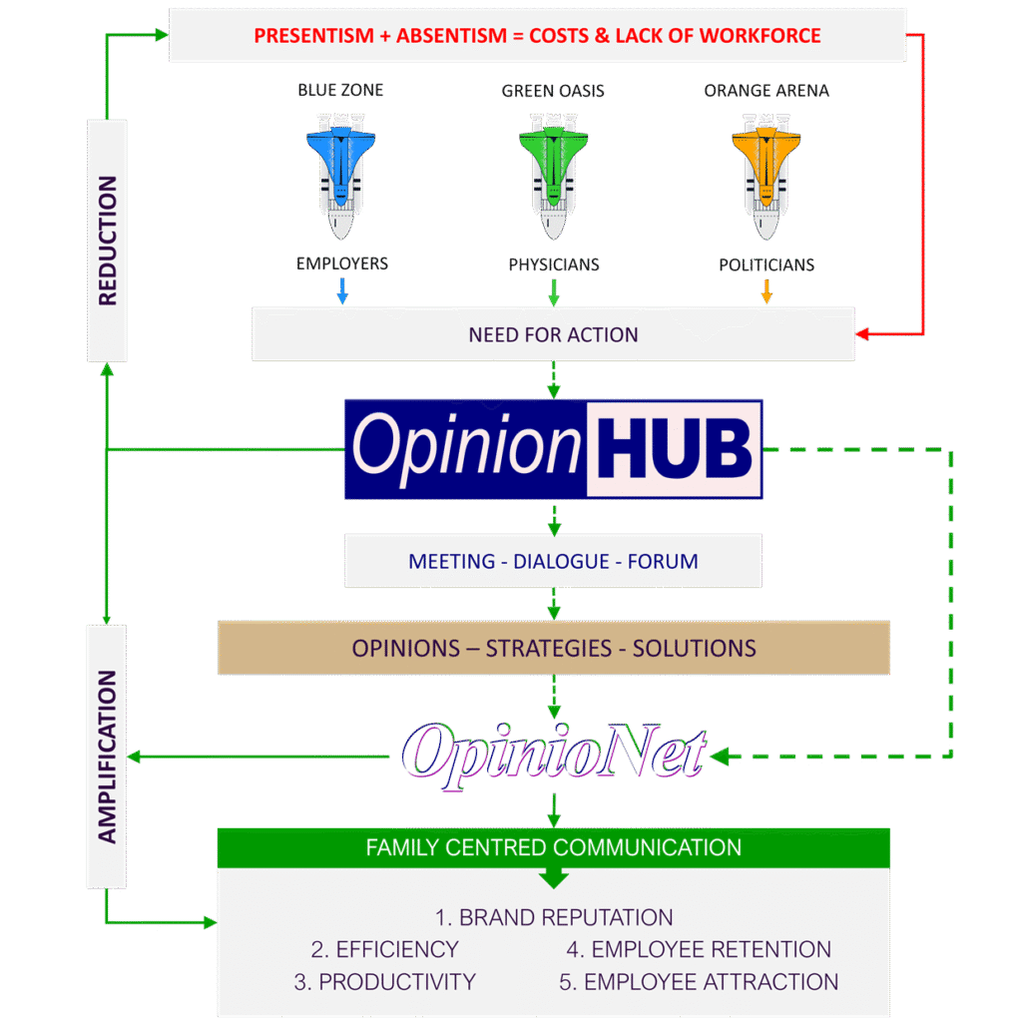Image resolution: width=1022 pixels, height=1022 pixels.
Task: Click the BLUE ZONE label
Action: (340, 90)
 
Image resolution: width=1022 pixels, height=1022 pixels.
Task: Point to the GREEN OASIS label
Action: (553, 91)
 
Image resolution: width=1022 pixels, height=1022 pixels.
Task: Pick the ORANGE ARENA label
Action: (766, 91)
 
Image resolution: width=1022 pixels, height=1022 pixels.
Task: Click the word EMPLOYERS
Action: (342, 264)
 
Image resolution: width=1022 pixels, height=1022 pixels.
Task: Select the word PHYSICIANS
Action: (554, 264)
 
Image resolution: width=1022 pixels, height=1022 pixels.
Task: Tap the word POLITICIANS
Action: (766, 265)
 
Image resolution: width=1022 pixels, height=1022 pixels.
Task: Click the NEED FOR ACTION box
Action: (553, 334)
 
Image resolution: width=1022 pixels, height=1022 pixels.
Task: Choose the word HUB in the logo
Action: (675, 449)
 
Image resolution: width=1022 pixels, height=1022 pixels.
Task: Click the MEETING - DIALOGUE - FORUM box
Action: (553, 561)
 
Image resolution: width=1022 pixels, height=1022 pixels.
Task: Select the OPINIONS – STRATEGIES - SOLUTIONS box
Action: (554, 648)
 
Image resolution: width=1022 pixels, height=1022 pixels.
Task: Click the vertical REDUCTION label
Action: (108, 241)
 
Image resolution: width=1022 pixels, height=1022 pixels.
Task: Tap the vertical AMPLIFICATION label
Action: (108, 757)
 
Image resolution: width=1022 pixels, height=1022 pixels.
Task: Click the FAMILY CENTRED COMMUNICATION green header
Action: (554, 848)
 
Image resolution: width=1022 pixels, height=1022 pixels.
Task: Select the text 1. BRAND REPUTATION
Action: (554, 917)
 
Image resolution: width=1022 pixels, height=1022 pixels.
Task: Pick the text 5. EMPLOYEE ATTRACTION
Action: (699, 982)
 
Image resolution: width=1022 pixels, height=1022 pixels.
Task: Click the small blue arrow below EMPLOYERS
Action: (342, 290)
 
